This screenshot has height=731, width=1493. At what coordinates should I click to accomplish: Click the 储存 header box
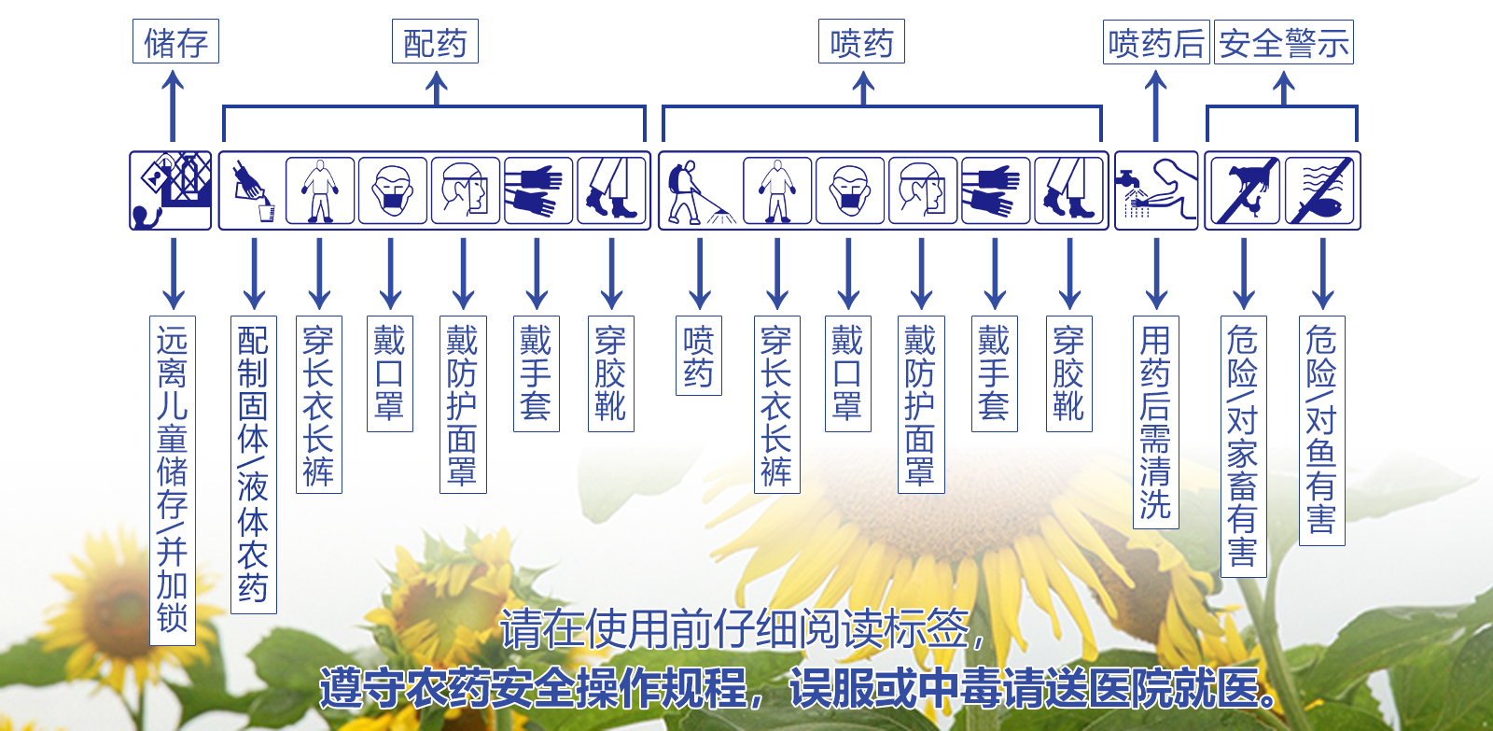click(175, 42)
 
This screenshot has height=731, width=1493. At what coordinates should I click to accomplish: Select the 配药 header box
click(435, 42)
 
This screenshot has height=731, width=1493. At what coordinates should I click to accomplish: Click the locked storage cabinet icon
click(171, 190)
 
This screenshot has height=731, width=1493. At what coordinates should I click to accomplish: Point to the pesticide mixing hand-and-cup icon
click(253, 190)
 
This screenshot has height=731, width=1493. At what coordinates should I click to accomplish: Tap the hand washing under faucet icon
click(1156, 190)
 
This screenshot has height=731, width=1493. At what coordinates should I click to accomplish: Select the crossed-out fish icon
click(1322, 190)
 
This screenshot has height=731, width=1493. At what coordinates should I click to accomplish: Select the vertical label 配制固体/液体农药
click(254, 464)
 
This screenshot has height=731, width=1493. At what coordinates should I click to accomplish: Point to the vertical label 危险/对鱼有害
click(1322, 430)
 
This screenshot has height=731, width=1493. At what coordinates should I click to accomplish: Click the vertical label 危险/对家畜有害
click(1244, 446)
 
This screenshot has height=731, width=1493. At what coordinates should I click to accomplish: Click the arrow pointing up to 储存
click(173, 106)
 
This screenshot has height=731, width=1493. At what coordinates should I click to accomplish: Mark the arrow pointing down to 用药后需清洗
click(1156, 273)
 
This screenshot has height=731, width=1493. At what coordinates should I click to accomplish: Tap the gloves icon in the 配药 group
click(538, 190)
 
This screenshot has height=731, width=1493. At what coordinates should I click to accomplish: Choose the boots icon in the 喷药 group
click(1069, 190)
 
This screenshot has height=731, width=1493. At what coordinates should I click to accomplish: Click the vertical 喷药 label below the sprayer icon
click(699, 356)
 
